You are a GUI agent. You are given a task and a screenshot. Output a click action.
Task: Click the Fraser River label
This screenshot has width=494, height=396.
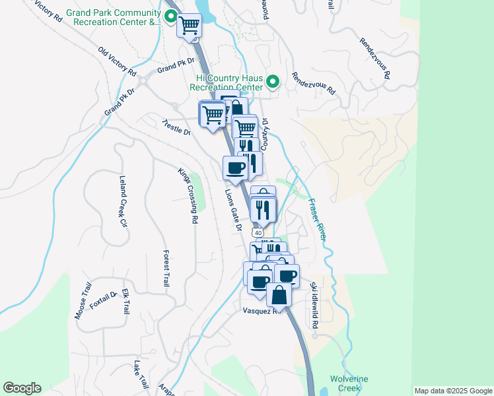pyautogui.click(x=318, y=219)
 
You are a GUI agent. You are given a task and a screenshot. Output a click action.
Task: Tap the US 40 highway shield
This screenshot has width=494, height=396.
pyautogui.click(x=258, y=233)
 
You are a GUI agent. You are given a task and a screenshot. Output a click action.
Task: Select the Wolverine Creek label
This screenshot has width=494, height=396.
pyautogui.click(x=349, y=383)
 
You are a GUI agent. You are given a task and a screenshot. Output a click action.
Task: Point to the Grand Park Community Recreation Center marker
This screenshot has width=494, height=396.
pyautogui.click(x=170, y=18)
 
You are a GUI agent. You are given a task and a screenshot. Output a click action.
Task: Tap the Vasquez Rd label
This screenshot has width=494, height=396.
pyautogui.click(x=262, y=310)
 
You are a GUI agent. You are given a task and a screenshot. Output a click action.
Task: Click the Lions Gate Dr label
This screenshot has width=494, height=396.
pyautogui.click(x=232, y=209)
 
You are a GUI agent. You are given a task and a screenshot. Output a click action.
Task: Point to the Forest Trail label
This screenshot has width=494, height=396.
pyautogui.click(x=166, y=267)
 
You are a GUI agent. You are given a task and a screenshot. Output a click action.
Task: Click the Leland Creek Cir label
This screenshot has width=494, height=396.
pyautogui.click(x=122, y=201)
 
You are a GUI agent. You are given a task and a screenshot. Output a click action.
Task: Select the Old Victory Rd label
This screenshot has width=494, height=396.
pyautogui.click(x=117, y=60)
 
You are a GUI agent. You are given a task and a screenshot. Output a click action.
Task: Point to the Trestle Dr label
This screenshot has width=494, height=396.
pyautogui.click(x=177, y=128)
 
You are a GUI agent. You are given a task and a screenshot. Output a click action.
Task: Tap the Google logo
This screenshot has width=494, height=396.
pyautogui.click(x=22, y=388)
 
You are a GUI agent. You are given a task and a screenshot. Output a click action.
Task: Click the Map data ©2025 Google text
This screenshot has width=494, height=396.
pyautogui.click(x=453, y=391)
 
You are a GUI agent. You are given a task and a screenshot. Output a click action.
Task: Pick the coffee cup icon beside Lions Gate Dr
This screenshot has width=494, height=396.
pyautogui.click(x=235, y=168)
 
